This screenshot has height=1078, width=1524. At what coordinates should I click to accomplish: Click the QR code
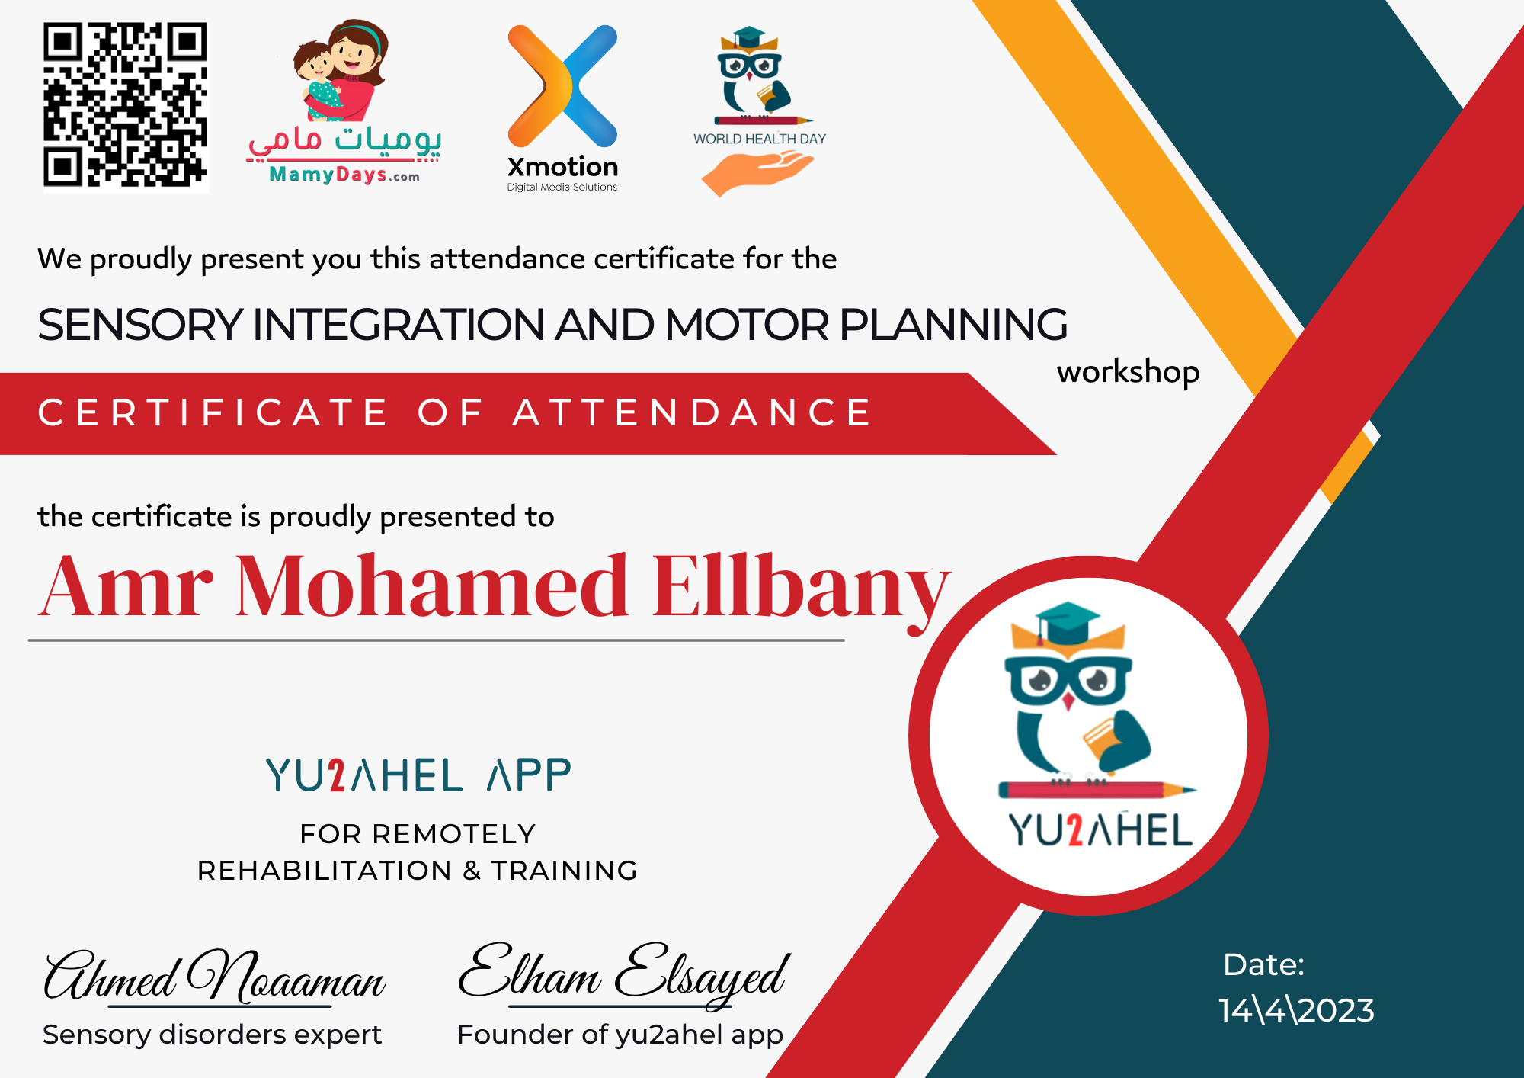click(126, 105)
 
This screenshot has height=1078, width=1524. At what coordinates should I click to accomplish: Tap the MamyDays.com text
click(344, 175)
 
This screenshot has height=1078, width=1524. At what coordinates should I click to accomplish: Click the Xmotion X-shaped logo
click(562, 85)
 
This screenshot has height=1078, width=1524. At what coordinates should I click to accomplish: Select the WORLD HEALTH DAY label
click(760, 139)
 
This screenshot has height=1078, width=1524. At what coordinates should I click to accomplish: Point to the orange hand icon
click(757, 172)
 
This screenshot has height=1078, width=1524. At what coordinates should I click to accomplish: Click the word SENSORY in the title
click(139, 325)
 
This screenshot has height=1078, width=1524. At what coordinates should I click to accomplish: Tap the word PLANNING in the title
click(953, 325)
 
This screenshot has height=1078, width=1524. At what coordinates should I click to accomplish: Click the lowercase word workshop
click(1128, 373)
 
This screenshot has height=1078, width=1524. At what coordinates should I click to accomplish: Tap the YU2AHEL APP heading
click(418, 775)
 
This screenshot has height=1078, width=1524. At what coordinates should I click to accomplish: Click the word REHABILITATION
click(325, 871)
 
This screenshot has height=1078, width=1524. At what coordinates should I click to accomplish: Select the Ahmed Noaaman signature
click(214, 977)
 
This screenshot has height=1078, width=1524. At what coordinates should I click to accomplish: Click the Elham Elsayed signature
click(624, 974)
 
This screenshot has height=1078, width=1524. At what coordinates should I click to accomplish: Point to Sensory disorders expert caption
click(212, 1035)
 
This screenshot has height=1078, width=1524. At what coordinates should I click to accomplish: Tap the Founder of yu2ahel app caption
click(620, 1035)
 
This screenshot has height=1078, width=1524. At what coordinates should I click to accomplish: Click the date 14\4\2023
click(1296, 1011)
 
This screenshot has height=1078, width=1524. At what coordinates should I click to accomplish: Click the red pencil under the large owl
click(1097, 790)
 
